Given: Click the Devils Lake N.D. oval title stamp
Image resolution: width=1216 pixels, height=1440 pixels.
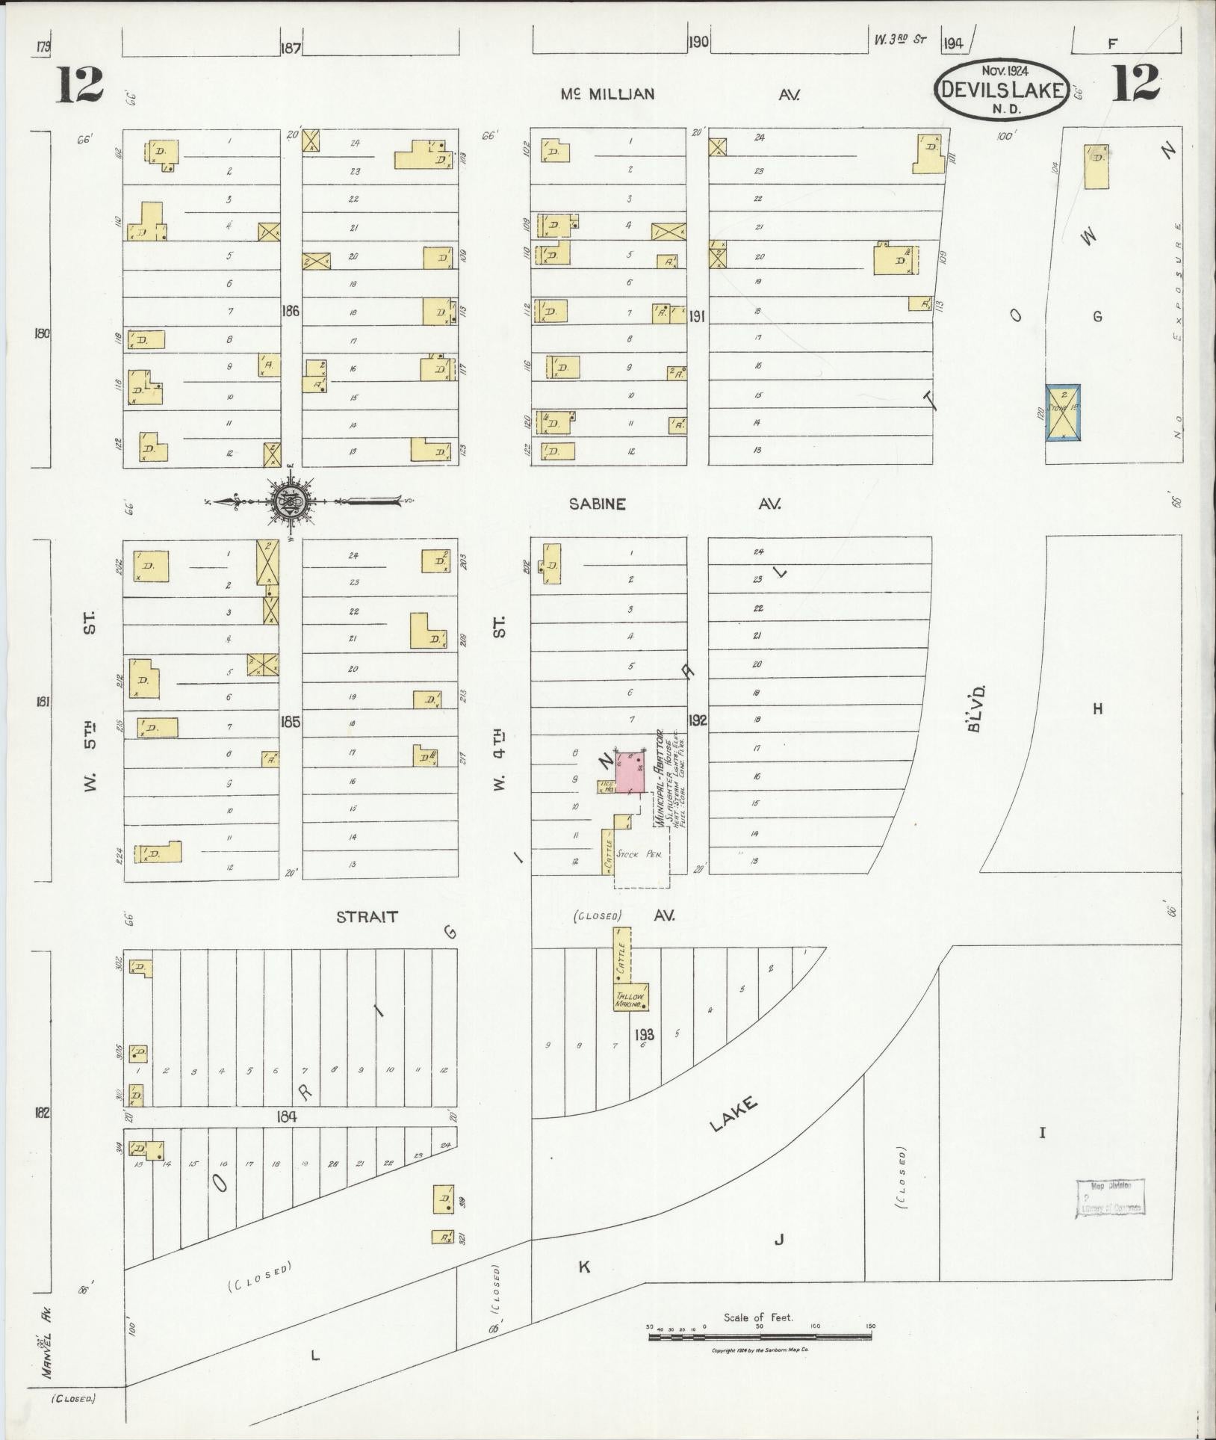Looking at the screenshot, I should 1002,90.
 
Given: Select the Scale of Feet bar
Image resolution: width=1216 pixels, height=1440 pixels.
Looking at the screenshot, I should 761,1335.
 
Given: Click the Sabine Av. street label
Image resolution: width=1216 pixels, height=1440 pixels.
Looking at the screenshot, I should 597,504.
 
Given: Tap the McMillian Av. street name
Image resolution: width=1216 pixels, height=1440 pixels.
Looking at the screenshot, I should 609,94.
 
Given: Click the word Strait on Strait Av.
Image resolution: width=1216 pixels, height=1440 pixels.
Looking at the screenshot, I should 367,917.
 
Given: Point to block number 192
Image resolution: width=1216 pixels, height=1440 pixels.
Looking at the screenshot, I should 698,721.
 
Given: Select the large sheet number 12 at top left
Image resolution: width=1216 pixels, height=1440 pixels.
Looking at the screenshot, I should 79,84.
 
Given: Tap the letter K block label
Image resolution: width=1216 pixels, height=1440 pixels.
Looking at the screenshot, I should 584,1267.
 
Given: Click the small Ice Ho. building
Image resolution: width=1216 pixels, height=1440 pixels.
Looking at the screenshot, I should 605,786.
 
